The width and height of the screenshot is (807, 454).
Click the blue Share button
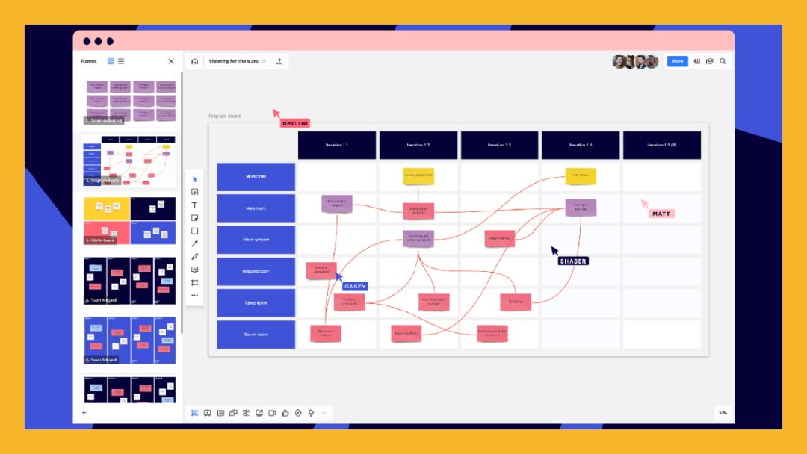tap(677, 61)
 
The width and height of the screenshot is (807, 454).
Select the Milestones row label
tap(256, 177)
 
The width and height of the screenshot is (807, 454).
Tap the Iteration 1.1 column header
tap(337, 145)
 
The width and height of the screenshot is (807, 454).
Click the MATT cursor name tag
tap(661, 214)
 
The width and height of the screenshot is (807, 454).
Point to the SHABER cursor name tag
tap(573, 261)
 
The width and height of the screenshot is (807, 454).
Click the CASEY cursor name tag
tap(356, 286)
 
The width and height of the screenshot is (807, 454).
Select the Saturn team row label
tap(256, 335)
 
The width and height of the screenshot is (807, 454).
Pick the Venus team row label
tap(256, 303)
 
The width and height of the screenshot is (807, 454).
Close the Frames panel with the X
tap(171, 61)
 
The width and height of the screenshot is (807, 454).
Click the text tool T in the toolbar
tap(195, 205)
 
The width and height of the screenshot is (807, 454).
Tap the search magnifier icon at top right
tap(723, 61)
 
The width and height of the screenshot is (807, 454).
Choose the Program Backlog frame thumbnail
tap(130, 100)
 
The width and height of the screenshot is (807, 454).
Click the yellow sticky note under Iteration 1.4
tap(581, 176)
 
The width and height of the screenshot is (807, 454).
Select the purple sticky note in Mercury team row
tap(418, 238)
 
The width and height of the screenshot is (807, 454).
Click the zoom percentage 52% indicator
tap(723, 412)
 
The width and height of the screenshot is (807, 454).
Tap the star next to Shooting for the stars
tap(264, 61)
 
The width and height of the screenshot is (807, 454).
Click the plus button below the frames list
tap(84, 412)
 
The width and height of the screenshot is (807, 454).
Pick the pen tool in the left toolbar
tap(195, 256)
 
